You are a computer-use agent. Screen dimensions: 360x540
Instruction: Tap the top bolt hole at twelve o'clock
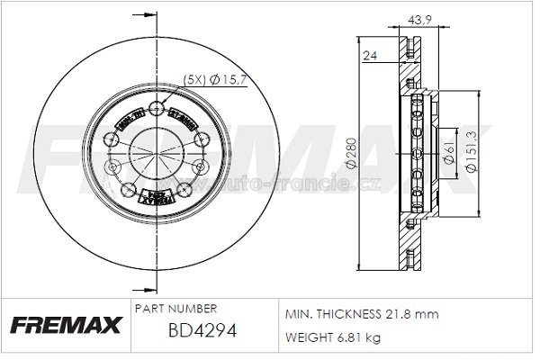point(157,110)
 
